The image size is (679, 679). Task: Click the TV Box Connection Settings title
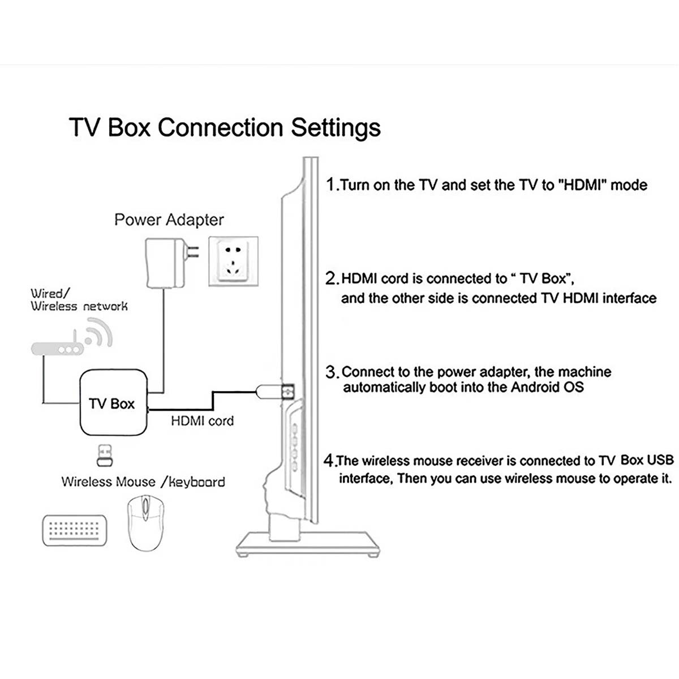[x=225, y=127]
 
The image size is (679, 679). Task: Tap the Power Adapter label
[x=169, y=220]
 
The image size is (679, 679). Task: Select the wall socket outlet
[x=233, y=261]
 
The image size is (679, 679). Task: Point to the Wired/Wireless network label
[x=79, y=300]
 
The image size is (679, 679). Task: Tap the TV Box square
[x=112, y=403]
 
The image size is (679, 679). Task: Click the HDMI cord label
[x=202, y=421]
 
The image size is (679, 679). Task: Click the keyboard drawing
[x=75, y=530]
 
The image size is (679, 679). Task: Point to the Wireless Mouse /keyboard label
[x=143, y=482]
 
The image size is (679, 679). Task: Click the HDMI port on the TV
[x=287, y=391]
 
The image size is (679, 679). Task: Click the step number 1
[x=332, y=184]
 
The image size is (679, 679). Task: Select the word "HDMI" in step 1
[x=585, y=185]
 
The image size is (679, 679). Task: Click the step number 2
[x=332, y=278]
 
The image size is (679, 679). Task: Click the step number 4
[x=329, y=461]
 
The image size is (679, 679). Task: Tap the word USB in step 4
[x=660, y=460]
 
